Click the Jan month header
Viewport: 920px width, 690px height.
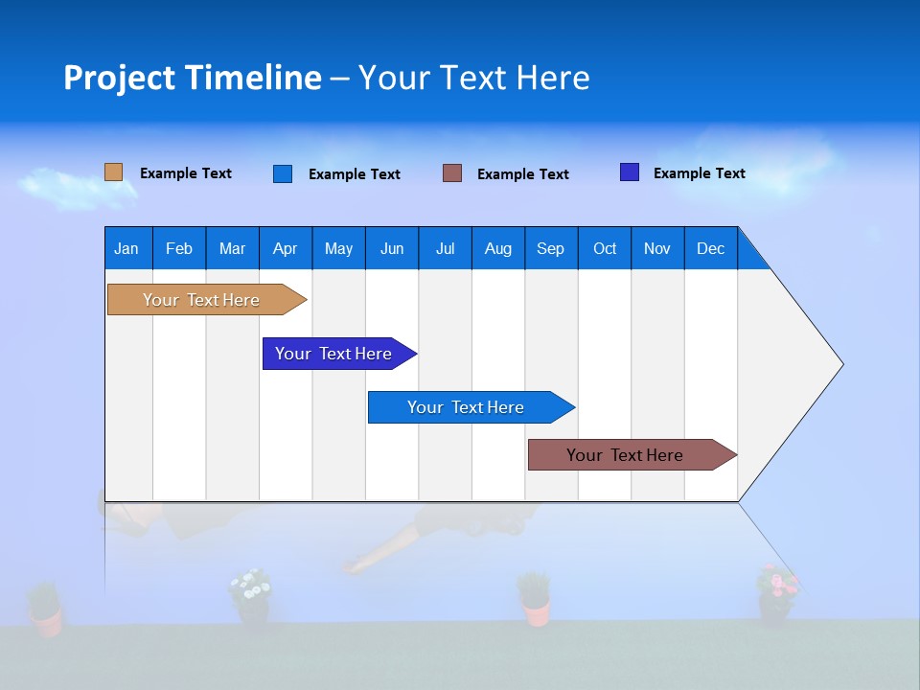tap(126, 248)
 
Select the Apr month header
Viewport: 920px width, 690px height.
tap(285, 248)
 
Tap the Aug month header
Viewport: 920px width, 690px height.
tap(497, 248)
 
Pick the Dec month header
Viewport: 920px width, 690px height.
tap(710, 248)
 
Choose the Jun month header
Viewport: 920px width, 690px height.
tap(391, 248)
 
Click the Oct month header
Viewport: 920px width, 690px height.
tap(604, 248)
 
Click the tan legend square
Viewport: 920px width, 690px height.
tap(114, 172)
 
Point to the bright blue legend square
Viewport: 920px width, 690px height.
tap(283, 173)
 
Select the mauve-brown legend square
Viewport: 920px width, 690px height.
tap(452, 173)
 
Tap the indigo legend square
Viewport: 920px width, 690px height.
tap(630, 172)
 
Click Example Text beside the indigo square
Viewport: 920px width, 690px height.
tap(699, 173)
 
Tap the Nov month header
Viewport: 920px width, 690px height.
tap(656, 248)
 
